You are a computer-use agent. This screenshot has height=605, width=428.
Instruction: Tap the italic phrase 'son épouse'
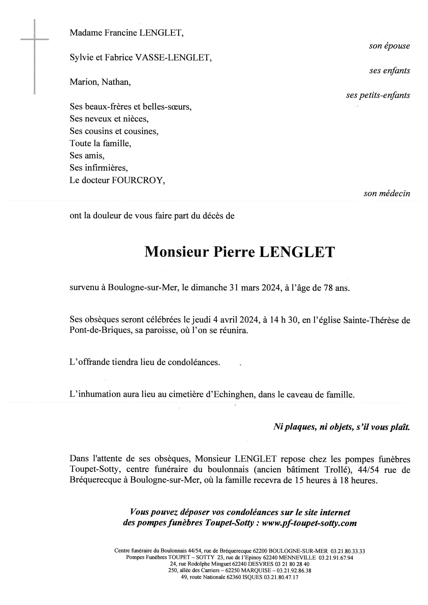(389, 46)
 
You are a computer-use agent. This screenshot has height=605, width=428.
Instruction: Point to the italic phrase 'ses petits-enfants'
(378, 95)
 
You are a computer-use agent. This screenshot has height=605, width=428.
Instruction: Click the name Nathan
(116, 82)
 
